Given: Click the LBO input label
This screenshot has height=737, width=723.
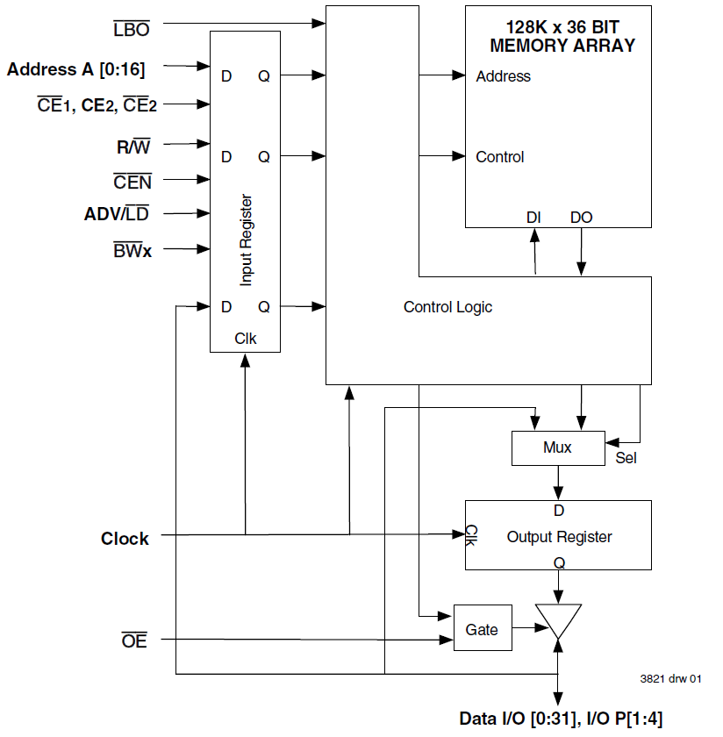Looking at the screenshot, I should tap(132, 29).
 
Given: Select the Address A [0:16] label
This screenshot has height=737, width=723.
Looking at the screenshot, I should tap(75, 69).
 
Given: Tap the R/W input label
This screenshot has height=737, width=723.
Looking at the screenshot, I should tap(133, 147).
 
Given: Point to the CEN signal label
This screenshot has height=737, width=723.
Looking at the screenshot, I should tap(132, 182).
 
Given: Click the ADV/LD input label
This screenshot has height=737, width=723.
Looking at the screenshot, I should tap(118, 214).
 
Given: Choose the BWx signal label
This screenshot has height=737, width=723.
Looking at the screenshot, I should tap(132, 251).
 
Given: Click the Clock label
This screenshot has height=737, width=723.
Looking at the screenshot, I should tap(125, 539).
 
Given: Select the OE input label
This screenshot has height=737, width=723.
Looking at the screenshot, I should tap(134, 641).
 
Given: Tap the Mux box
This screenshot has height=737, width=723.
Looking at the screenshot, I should tap(557, 447).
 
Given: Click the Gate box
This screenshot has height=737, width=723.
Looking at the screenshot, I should tap(482, 628).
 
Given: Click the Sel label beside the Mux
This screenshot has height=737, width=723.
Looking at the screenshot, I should tap(626, 457).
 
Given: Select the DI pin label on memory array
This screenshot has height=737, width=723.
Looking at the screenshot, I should tap(533, 217).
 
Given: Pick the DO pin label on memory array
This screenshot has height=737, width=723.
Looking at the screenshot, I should tap(581, 217).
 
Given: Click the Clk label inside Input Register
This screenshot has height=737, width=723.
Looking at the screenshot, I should tap(246, 338).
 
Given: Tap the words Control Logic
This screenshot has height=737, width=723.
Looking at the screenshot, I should tap(447, 307).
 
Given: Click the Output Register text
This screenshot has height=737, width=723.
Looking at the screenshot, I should tap(559, 536).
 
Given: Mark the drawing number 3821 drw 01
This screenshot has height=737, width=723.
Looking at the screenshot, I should tap(670, 678).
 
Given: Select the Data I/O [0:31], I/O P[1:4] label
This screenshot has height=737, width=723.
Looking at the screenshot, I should tap(562, 719).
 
